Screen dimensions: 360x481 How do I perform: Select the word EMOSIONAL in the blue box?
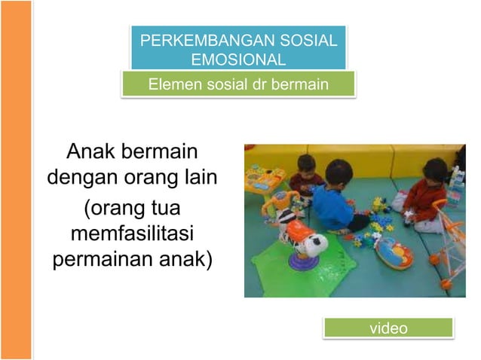238,59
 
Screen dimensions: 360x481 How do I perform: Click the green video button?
388,328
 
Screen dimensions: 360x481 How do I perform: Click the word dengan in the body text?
79,179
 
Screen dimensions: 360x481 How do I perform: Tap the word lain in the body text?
197,179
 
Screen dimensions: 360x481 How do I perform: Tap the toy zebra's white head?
311,243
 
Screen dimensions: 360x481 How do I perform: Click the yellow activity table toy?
265,180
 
